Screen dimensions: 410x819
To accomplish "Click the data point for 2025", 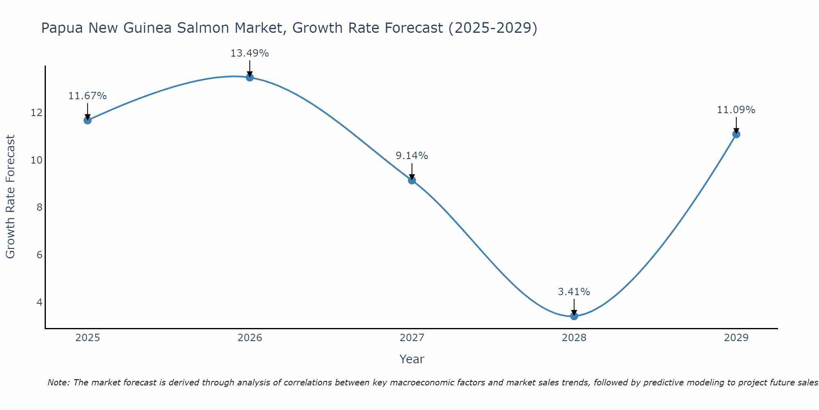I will click(87, 120).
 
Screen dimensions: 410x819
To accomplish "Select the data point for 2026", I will click(249, 77).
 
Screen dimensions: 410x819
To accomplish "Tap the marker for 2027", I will click(412, 180).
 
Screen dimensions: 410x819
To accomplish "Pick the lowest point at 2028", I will click(574, 316).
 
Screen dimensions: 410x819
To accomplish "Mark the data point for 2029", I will click(736, 134).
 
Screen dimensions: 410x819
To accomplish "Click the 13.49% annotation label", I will click(249, 53).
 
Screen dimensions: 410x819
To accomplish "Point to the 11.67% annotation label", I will click(87, 96).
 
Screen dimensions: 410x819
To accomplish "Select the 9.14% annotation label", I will click(412, 156).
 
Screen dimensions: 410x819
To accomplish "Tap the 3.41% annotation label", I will click(574, 292).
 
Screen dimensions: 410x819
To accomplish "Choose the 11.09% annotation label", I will click(736, 110).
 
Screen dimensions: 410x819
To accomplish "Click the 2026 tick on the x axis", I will click(250, 338).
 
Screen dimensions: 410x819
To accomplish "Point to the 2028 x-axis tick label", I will click(574, 338).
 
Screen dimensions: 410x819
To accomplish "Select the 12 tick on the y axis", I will click(37, 112).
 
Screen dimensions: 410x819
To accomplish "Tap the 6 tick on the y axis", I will click(39, 255).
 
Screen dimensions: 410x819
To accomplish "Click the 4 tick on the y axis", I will click(39, 302).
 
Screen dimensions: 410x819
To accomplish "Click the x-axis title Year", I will click(412, 359).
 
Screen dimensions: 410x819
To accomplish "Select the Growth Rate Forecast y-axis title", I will click(10, 197).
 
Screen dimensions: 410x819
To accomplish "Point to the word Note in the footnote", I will click(59, 383).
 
